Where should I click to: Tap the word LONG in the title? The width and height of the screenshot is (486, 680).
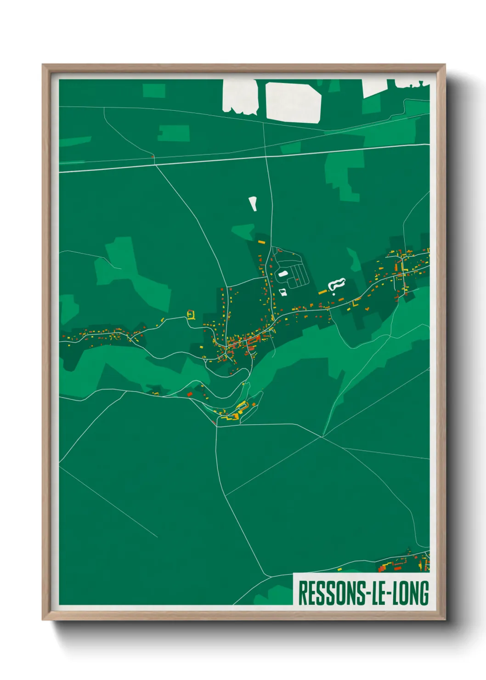[x=408, y=593]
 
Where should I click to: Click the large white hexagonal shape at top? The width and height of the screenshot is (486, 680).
[x=294, y=102]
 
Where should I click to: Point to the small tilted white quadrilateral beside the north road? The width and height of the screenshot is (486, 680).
[x=253, y=204]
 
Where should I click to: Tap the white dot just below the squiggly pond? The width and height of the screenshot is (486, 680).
[x=334, y=294]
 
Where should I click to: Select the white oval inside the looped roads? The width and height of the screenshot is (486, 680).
[x=283, y=274]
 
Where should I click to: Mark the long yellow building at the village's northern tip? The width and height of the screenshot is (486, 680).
[x=261, y=242]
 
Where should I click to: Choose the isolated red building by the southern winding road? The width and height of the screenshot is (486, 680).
[x=189, y=394]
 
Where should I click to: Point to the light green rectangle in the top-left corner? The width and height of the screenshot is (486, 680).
[x=153, y=91]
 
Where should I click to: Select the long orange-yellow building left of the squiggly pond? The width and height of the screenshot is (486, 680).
[x=322, y=292]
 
